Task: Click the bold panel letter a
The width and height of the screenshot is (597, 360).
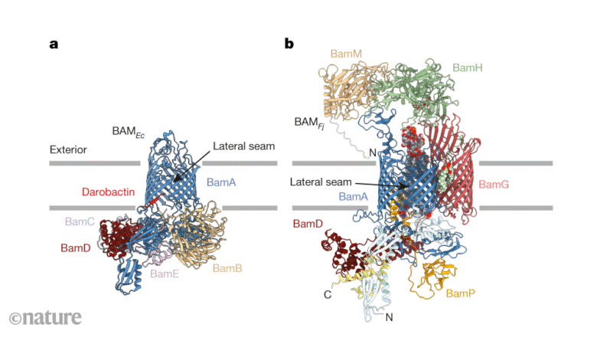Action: [x=54, y=44]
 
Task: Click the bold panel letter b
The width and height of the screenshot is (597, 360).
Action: [x=289, y=43]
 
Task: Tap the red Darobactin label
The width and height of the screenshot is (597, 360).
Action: [x=108, y=191]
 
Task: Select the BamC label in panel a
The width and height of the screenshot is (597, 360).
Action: [x=80, y=221]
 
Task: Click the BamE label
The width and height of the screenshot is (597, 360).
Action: [x=165, y=273]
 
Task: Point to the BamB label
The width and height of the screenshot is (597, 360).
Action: [x=227, y=268]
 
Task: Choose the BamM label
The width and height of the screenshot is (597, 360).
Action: [x=346, y=54]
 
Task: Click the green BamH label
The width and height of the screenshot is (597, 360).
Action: [x=468, y=68]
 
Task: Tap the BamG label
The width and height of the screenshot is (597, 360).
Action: [x=494, y=185]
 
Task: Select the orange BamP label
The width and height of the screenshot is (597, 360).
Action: [x=460, y=293]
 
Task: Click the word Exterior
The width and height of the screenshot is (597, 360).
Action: [x=68, y=149]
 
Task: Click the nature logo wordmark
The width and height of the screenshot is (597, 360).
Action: [x=52, y=317]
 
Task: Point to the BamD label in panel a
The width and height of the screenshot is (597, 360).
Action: [x=76, y=248]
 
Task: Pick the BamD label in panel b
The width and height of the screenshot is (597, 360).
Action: [x=308, y=224]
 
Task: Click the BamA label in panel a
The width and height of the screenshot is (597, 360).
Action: [x=221, y=182]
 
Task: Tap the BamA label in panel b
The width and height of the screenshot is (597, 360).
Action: [x=354, y=197]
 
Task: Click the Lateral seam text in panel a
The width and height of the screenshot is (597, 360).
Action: [x=243, y=146]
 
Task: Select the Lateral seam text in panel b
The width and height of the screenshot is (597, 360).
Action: [x=321, y=182]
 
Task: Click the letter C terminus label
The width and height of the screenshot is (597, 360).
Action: [x=328, y=294]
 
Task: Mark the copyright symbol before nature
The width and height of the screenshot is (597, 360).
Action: [x=15, y=319]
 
